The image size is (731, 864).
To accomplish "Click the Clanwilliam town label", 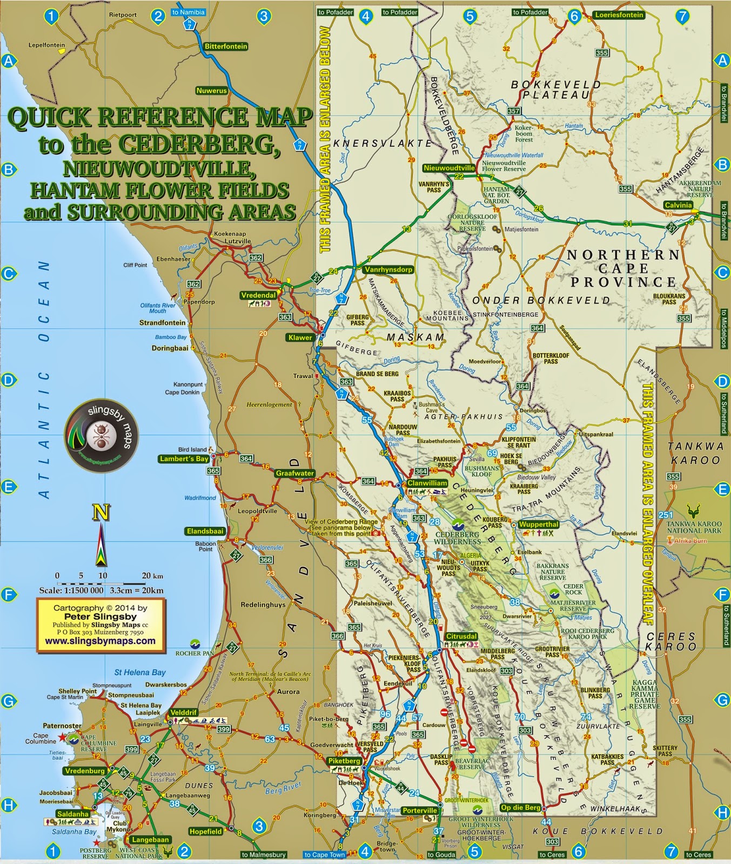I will [427, 483].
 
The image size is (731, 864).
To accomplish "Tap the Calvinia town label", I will [678, 205].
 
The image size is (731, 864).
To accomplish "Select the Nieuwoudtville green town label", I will [449, 168].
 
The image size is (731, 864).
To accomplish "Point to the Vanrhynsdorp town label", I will [388, 269].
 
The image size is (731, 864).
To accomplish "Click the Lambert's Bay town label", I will [184, 459].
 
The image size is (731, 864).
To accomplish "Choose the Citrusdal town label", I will [461, 636].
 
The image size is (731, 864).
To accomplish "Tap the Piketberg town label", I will [344, 761].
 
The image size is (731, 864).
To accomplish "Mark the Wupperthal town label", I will [538, 524].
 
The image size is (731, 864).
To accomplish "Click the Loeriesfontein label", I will [619, 15].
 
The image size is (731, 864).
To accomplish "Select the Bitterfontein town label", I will [226, 46].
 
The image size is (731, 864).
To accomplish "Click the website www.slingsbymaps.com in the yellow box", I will [100, 641].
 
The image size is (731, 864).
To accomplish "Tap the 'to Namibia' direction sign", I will [189, 12].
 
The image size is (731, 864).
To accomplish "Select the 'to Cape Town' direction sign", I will [324, 855].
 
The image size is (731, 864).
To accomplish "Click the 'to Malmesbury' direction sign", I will [264, 855].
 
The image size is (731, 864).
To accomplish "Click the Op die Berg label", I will [520, 808].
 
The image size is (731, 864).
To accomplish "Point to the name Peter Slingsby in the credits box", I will [100, 616].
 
